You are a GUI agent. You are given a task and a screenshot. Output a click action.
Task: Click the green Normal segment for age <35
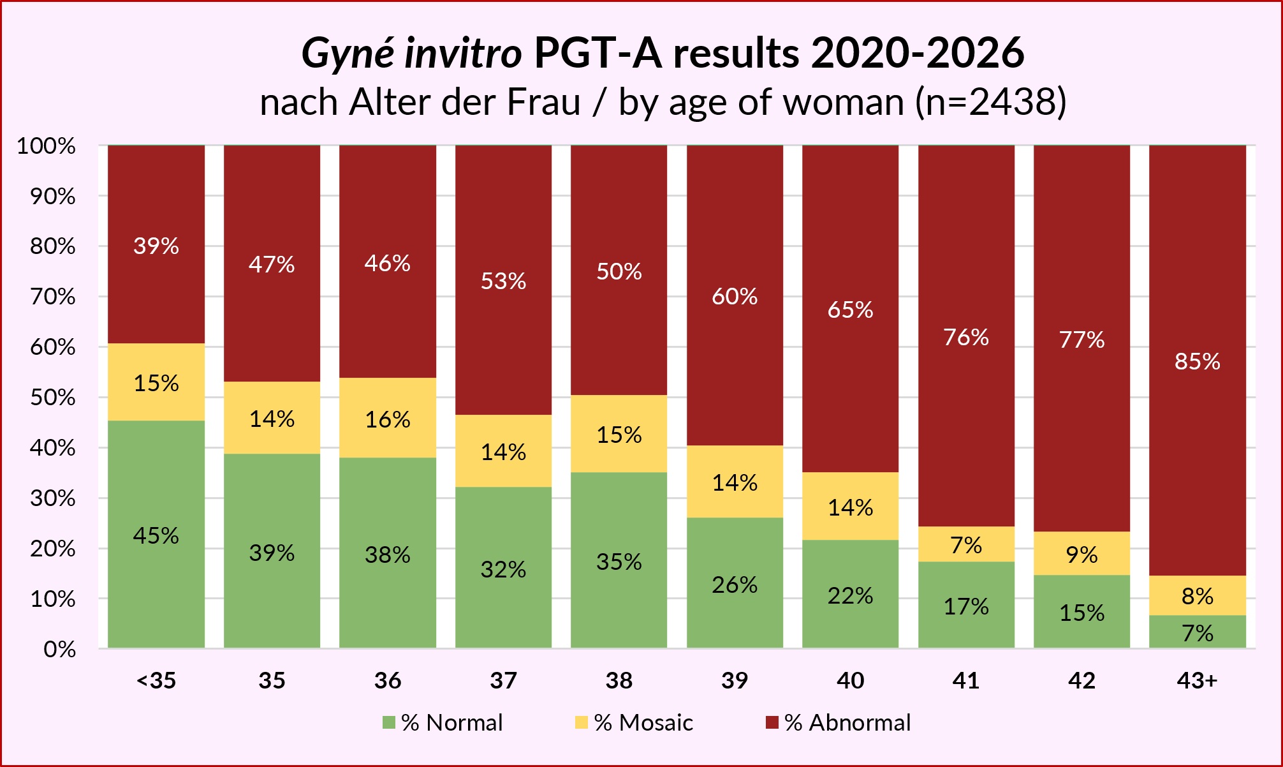tap(156, 534)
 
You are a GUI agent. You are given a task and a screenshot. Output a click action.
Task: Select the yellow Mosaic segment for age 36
tap(388, 418)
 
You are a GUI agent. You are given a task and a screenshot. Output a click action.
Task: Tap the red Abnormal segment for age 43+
tap(1198, 361)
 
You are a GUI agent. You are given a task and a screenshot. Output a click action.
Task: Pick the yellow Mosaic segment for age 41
tap(966, 544)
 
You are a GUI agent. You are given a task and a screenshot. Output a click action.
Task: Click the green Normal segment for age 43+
tap(1198, 632)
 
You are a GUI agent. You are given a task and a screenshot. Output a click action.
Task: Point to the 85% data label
tap(1198, 362)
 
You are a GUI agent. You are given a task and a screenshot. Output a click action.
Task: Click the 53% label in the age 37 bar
tap(503, 281)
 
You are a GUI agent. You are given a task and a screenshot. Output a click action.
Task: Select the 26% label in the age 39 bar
tap(735, 585)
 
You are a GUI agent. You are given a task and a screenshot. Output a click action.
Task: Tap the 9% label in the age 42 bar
tap(1081, 555)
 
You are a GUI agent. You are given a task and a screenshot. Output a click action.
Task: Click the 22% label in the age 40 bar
tap(850, 596)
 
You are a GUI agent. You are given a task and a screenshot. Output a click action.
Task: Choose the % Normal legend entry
tap(443, 722)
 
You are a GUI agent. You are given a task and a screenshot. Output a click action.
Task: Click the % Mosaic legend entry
tap(634, 722)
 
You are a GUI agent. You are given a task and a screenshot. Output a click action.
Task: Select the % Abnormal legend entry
tap(839, 722)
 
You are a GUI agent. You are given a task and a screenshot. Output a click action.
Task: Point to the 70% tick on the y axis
tap(53, 297)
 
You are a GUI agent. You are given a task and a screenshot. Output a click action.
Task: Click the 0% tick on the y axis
tap(59, 650)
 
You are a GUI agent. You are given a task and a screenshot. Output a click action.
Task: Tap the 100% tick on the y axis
tap(46, 146)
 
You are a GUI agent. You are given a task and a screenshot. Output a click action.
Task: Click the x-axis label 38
tap(619, 681)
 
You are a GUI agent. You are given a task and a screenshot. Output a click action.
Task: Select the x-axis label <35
tap(156, 681)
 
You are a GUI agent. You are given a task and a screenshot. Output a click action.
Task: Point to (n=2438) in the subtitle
tap(991, 102)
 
